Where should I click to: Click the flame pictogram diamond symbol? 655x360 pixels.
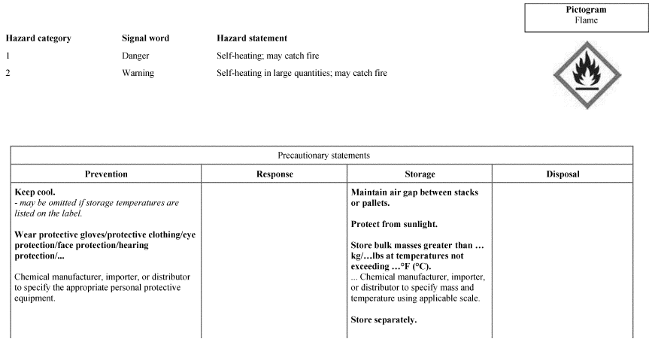pos(587,75)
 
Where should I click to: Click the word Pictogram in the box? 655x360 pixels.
pos(586,10)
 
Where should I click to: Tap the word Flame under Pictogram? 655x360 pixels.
pos(586,20)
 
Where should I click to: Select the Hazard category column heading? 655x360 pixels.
pos(38,38)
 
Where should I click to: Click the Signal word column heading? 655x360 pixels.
pos(145,38)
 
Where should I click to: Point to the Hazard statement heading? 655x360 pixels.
pos(251,38)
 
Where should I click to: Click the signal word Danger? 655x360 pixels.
pos(135,56)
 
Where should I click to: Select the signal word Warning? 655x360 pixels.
pos(138,74)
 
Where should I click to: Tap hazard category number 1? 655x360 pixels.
pos(8,56)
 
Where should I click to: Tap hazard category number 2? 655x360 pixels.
pos(8,74)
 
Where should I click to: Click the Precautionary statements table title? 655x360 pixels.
pos(323,156)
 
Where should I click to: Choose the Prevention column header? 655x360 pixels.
pos(106,174)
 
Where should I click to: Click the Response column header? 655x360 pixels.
pos(274,174)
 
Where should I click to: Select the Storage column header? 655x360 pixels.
pos(420,174)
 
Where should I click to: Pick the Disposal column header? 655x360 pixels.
pos(563,174)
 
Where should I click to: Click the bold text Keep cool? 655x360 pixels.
pos(35,192)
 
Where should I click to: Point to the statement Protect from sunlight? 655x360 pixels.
pos(394,225)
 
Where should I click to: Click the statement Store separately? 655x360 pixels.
pos(384,320)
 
